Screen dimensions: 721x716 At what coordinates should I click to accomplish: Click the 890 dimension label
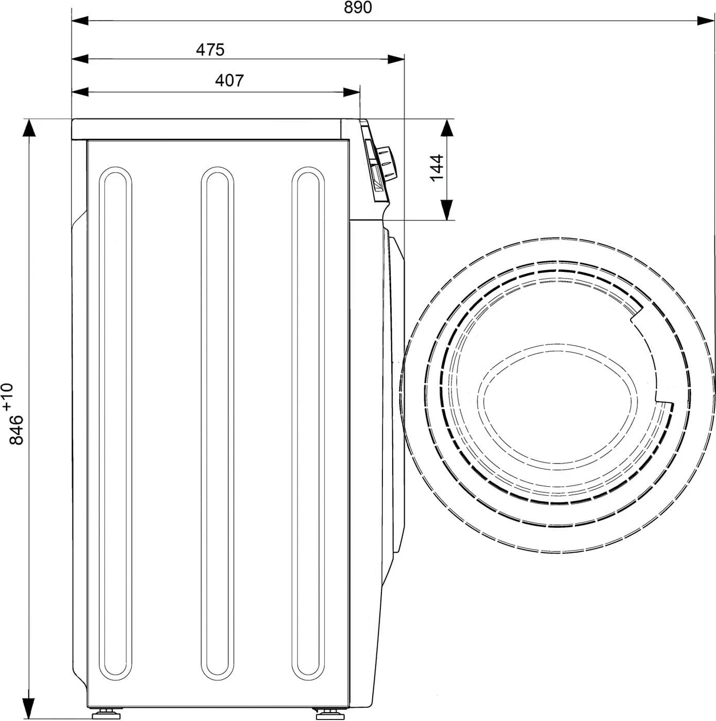(x=359, y=8)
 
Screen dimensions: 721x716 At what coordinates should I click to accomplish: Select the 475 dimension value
(x=211, y=49)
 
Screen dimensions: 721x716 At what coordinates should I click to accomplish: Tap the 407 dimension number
(x=229, y=81)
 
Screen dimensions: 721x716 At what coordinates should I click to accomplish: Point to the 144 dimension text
(x=436, y=167)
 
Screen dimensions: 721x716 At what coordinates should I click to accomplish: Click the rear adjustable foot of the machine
(x=105, y=714)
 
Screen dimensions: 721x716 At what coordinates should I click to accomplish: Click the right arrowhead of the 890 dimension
(x=706, y=21)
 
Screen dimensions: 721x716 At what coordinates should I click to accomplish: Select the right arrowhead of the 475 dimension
(x=396, y=59)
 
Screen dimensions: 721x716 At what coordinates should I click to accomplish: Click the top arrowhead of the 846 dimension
(x=29, y=128)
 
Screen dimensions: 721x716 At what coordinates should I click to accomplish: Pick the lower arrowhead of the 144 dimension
(x=447, y=210)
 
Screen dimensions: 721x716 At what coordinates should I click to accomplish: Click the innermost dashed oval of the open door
(x=530, y=404)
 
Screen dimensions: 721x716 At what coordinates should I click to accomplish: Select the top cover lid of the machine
(x=206, y=129)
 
